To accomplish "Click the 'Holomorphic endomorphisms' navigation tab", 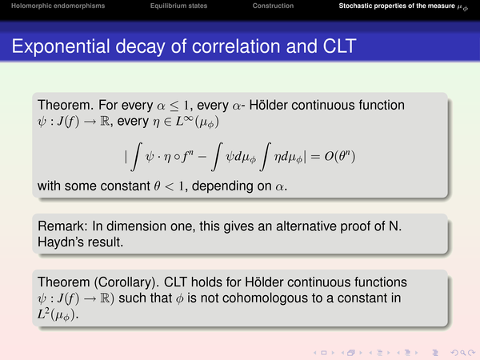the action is [x=58, y=6].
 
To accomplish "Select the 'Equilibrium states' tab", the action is [x=178, y=6].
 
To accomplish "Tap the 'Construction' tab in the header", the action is [x=273, y=6].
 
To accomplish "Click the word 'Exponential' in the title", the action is [x=61, y=47].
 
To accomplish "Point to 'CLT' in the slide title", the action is [x=339, y=46].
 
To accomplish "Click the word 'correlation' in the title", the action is [x=236, y=46].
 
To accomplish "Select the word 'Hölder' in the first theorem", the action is [x=268, y=105].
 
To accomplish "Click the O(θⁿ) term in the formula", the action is [x=340, y=157].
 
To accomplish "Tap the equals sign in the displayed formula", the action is [x=315, y=157].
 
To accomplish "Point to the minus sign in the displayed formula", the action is [x=202, y=157].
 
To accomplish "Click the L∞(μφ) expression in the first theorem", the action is [x=197, y=122].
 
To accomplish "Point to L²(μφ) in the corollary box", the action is [x=58, y=314].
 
